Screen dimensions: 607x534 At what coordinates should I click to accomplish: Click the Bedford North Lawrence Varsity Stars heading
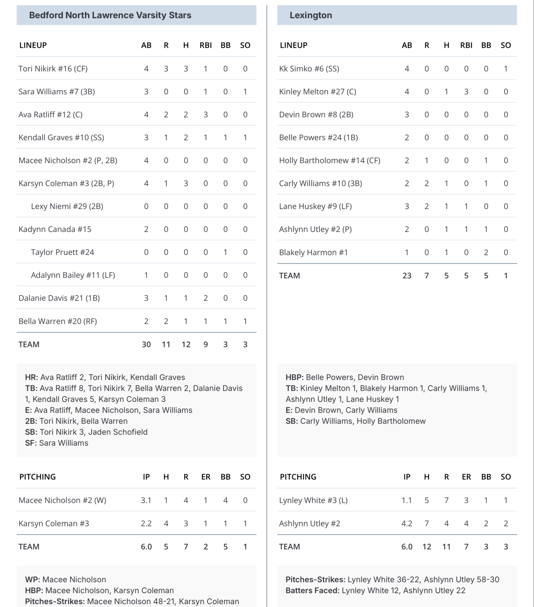[x=110, y=15]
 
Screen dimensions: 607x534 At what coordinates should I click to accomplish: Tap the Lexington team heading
[x=311, y=15]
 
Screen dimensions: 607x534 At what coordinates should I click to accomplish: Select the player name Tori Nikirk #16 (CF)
[x=53, y=69]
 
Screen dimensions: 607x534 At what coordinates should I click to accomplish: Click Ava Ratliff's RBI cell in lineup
[x=206, y=115]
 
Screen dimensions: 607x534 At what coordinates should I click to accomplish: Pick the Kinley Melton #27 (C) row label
[x=317, y=92]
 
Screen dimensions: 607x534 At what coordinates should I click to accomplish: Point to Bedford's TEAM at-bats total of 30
[x=146, y=345]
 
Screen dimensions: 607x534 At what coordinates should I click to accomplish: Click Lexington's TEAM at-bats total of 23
[x=407, y=276]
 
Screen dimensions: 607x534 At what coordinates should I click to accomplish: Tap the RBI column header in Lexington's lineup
[x=466, y=45]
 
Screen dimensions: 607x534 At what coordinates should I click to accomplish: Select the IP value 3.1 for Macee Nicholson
[x=146, y=500]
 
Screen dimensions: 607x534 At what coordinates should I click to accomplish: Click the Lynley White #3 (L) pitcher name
[x=313, y=500]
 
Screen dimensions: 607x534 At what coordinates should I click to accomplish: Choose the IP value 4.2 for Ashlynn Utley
[x=406, y=524]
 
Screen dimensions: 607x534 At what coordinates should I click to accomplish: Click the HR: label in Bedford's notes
[x=32, y=377]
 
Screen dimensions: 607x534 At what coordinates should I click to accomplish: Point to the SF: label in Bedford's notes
[x=31, y=443]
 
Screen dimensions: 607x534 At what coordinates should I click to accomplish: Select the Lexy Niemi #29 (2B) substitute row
[x=67, y=206]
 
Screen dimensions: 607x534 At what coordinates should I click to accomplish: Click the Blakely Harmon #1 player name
[x=313, y=253]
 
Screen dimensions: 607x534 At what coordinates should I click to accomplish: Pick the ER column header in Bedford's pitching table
[x=206, y=477]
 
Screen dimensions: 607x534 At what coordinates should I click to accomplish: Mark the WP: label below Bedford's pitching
[x=32, y=580]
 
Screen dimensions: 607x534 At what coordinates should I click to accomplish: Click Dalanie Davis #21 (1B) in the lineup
[x=59, y=298]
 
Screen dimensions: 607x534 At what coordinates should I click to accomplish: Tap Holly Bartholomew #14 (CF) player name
[x=329, y=160]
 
